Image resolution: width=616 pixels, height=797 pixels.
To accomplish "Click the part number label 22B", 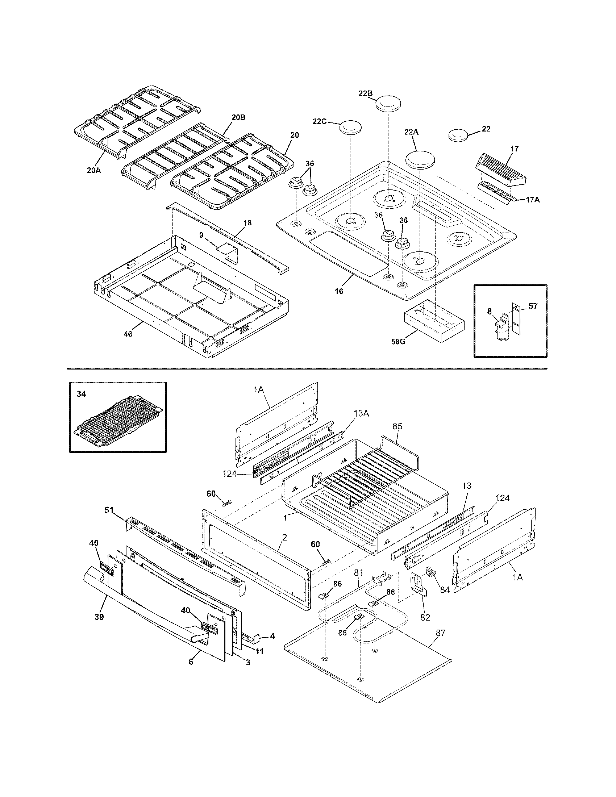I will (365, 93).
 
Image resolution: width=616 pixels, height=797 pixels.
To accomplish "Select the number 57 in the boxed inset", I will (533, 306).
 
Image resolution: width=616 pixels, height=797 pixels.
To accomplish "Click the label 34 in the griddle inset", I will (82, 394).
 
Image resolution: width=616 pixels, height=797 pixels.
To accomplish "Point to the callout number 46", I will (128, 334).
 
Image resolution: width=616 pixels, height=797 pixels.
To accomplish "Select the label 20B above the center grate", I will (238, 117).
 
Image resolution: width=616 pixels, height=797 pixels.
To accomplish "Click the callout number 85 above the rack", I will (398, 426).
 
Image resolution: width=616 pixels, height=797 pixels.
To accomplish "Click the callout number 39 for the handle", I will (99, 617).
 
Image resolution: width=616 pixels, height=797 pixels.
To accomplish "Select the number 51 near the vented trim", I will (109, 510).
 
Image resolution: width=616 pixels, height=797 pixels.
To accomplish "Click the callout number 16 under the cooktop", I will (339, 291).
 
